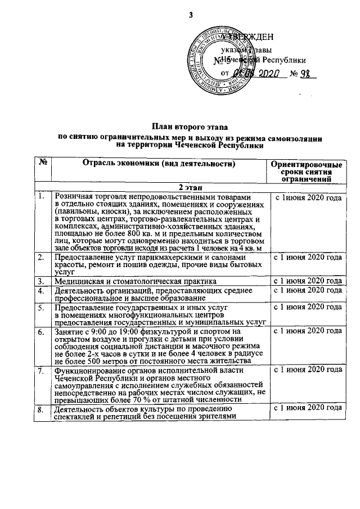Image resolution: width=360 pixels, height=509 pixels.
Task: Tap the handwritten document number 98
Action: (308, 74)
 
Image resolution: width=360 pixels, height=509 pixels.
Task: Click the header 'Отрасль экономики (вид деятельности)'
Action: (158, 164)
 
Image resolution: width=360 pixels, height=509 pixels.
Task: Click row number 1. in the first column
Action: (41, 196)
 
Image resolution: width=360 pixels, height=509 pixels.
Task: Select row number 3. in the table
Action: (41, 281)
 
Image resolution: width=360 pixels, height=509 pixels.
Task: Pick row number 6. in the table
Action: (41, 332)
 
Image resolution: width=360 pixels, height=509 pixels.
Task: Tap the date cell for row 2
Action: (307, 257)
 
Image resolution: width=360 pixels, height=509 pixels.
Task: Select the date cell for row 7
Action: (307, 370)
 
